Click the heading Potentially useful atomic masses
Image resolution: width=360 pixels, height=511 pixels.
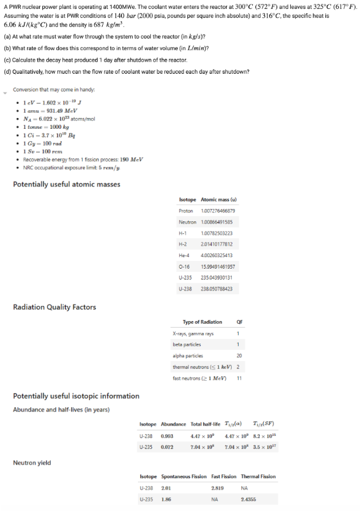coord(66,185)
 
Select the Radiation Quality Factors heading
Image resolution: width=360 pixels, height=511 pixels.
coord(55,307)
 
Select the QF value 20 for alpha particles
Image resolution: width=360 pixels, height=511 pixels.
coord(239,354)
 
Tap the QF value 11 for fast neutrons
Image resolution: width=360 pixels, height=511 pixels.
coord(239,376)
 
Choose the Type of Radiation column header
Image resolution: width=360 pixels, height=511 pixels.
coord(202,321)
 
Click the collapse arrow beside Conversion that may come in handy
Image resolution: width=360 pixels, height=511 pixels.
coord(6,89)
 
